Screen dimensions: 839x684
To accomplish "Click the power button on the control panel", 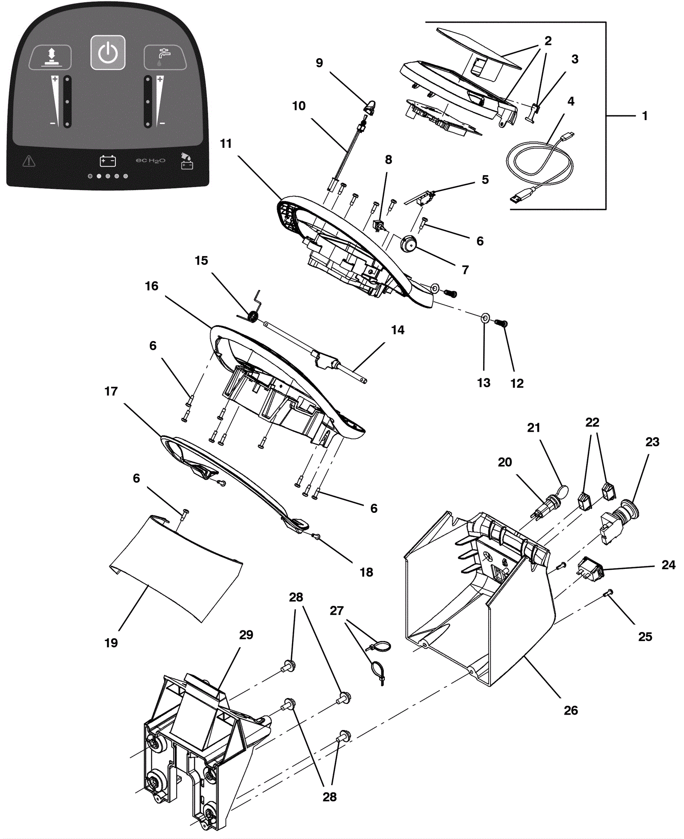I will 108,53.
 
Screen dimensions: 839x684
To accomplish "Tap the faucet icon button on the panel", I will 165,57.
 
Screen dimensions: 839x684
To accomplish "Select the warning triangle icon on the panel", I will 29,161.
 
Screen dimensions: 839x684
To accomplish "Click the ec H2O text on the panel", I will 150,161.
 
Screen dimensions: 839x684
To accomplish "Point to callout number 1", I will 645,116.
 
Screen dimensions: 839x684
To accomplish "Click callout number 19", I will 111,642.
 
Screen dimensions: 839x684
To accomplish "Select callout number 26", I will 571,710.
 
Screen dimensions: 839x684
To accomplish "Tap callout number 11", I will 226,144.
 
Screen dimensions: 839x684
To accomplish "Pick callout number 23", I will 652,442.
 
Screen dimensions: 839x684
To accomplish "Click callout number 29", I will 246,635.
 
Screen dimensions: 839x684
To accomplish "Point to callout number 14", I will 398,330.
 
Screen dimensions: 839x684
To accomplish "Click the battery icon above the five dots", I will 108,161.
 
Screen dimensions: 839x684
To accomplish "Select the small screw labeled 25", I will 609,592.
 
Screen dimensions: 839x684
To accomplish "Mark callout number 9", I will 319,63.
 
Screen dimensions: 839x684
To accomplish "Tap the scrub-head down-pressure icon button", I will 50,57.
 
